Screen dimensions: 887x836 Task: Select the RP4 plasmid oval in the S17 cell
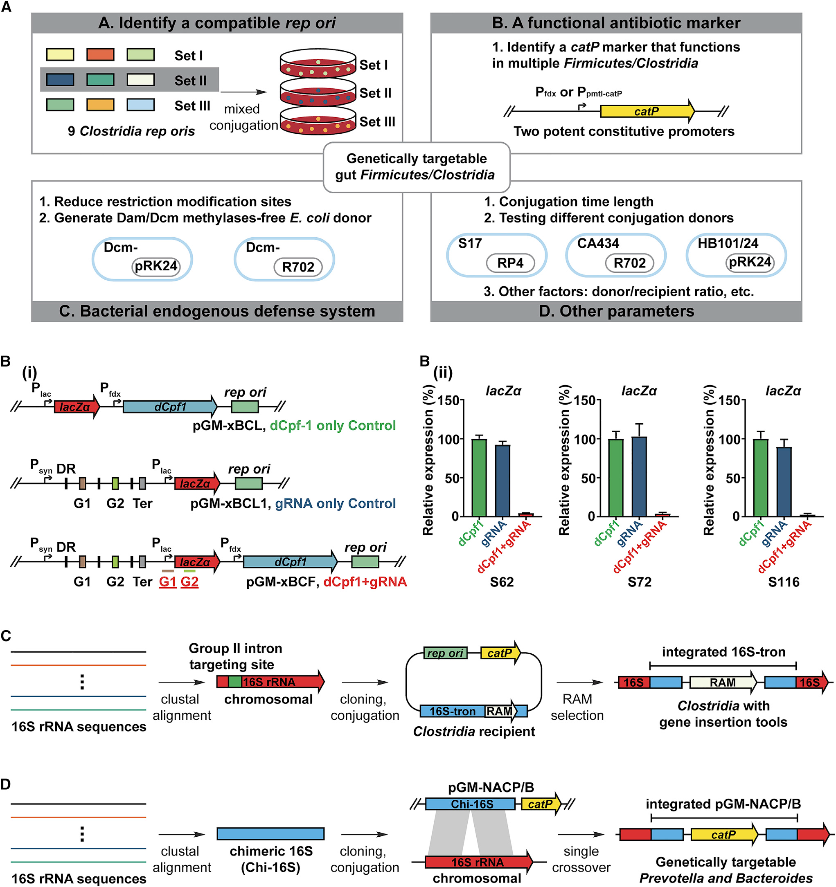[x=510, y=263]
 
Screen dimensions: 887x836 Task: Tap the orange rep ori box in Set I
[x=100, y=55]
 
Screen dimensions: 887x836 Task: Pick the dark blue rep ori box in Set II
[x=60, y=80]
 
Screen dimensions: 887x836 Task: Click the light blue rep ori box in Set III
[x=141, y=105]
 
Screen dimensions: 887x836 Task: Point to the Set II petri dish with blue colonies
[x=318, y=93]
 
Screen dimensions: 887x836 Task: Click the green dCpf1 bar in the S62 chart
[x=479, y=477]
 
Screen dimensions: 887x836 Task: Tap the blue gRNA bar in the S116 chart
[x=784, y=481]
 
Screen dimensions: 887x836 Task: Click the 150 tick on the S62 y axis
[x=448, y=401]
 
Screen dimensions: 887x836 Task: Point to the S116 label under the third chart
[x=784, y=582]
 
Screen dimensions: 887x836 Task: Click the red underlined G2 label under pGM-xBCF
[x=190, y=582]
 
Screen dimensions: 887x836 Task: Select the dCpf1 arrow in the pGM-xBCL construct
[x=169, y=407]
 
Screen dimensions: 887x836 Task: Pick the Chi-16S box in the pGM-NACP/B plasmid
[x=470, y=804]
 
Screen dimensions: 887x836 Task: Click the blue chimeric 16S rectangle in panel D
[x=270, y=833]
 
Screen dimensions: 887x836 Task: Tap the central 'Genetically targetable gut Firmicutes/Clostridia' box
[x=416, y=167]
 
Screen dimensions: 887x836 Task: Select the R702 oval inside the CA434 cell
[x=629, y=263]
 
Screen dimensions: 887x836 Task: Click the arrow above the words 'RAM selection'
[x=579, y=682]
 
